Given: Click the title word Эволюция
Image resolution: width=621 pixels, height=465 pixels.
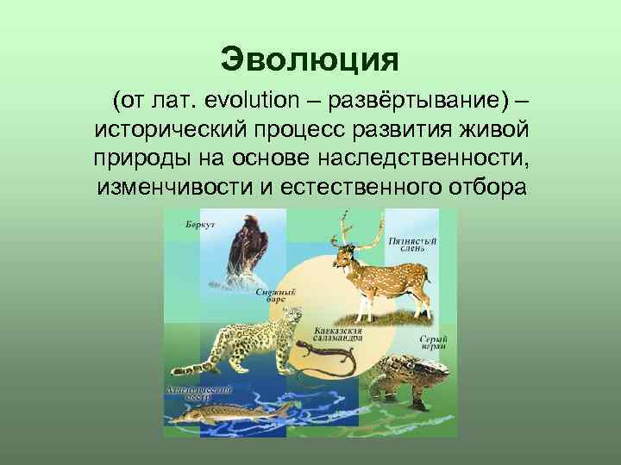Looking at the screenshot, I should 310,59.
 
